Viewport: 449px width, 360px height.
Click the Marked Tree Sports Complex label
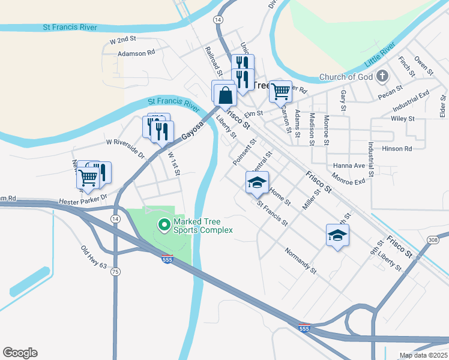pos(203,226)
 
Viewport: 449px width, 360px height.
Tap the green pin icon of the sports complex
pos(163,225)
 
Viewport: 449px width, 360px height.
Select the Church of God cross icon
pos(382,76)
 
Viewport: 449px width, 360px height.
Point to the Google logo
pos(20,353)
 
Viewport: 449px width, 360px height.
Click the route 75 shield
pos(115,271)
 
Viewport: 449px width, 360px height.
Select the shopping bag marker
pos(225,95)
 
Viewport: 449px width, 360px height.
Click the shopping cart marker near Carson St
pos(280,91)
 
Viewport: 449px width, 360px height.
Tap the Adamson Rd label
pos(137,53)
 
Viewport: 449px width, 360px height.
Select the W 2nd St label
pos(124,40)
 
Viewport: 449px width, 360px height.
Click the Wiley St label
pos(403,119)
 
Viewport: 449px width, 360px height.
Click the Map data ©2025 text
pos(423,355)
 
